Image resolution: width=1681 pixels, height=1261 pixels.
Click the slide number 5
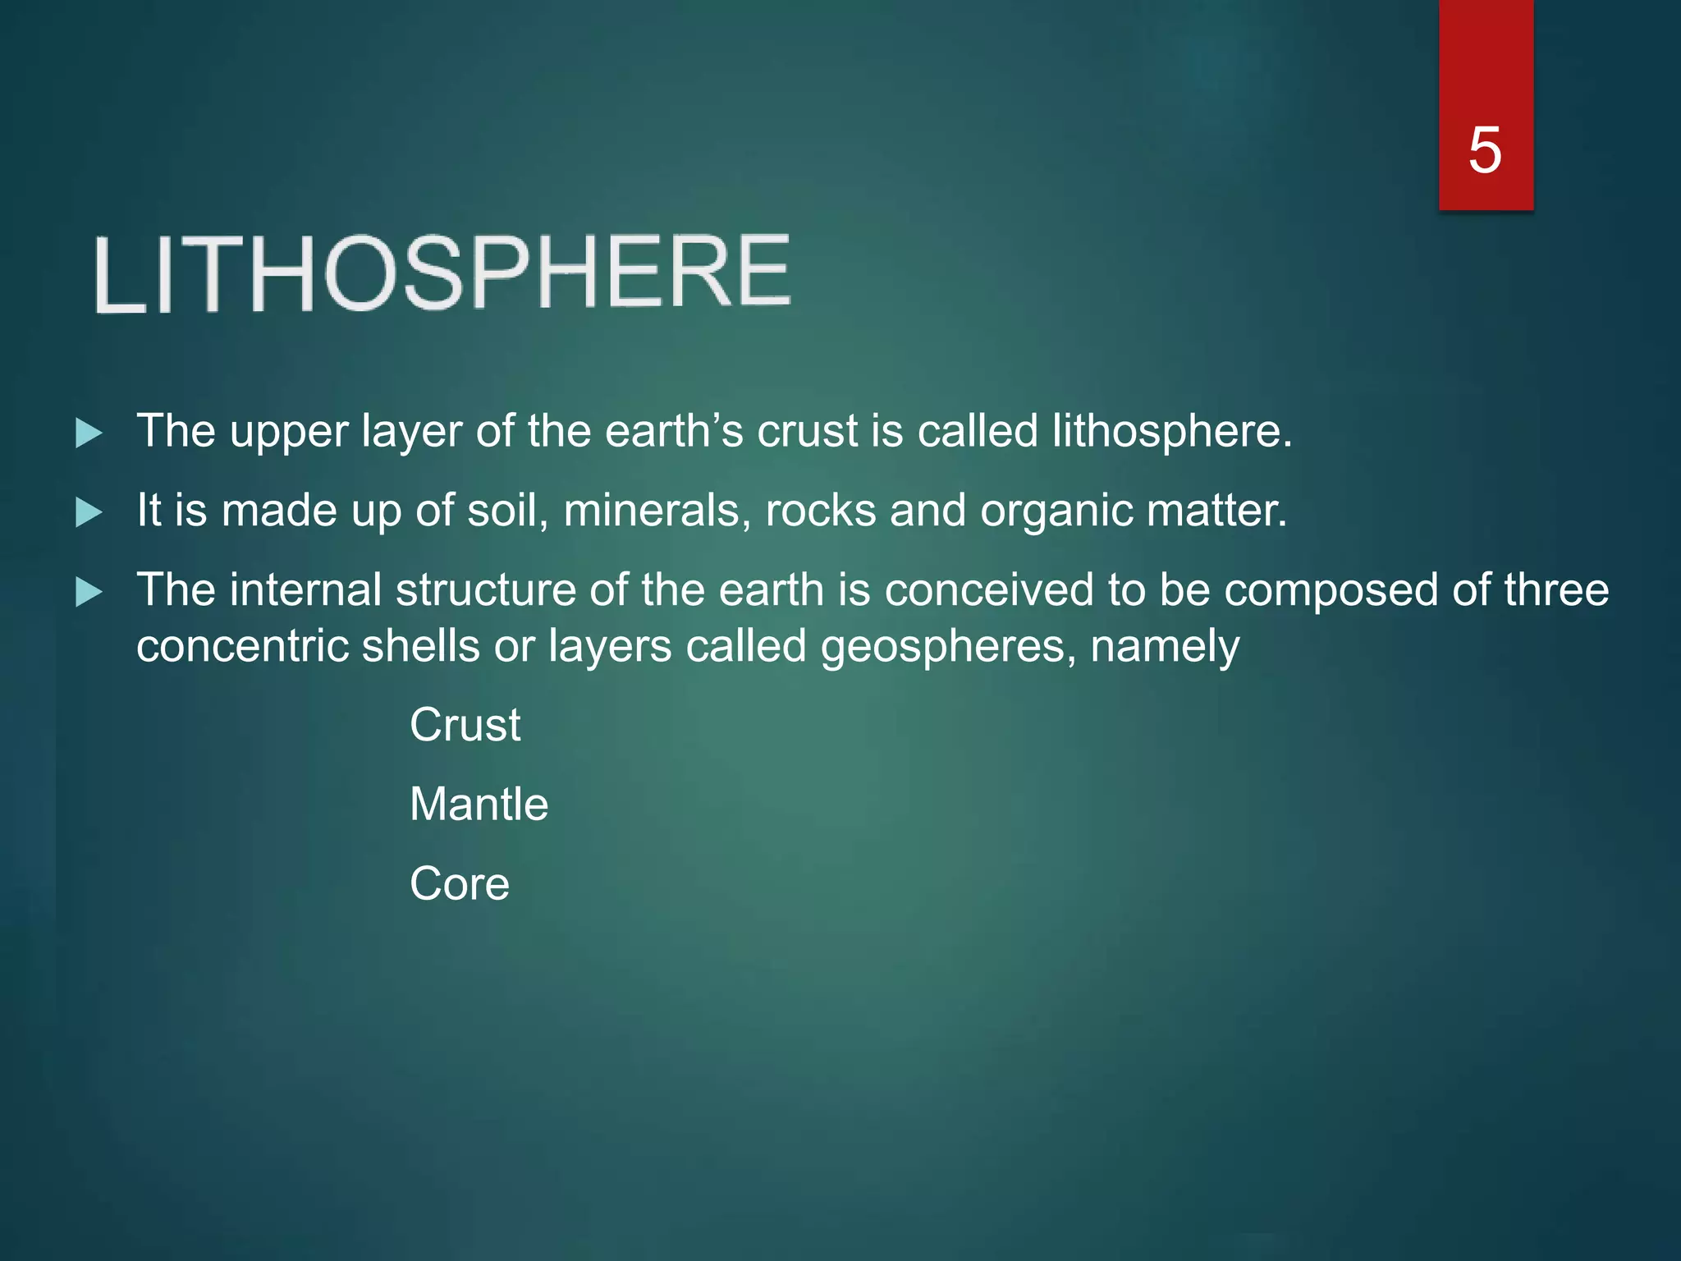pyautogui.click(x=1485, y=151)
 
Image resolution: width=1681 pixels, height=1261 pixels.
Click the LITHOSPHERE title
pyautogui.click(x=442, y=273)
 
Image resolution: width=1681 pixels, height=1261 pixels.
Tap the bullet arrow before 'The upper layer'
pyautogui.click(x=89, y=433)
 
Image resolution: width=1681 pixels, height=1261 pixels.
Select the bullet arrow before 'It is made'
pyautogui.click(x=89, y=512)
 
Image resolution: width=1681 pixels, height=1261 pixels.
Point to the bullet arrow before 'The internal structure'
pyautogui.click(x=89, y=591)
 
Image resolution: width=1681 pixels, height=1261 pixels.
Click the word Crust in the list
pyautogui.click(x=465, y=725)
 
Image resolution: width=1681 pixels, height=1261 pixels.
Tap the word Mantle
pyautogui.click(x=479, y=804)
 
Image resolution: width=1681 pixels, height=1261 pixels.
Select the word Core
pyautogui.click(x=460, y=883)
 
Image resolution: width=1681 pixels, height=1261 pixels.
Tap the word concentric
pyautogui.click(x=242, y=646)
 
